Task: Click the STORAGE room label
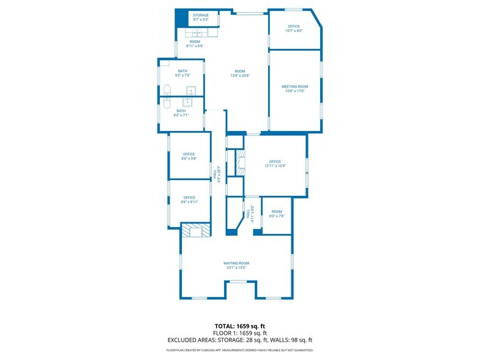coord(201,15)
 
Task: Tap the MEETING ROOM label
coord(294,87)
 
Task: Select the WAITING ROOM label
coord(236,263)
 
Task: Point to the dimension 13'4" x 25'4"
coord(239,76)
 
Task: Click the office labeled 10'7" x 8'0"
coord(294,29)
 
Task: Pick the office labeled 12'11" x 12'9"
coord(275,163)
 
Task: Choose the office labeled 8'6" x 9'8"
coord(189,156)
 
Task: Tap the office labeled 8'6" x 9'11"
coord(189,200)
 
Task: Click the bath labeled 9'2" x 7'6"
coord(182,73)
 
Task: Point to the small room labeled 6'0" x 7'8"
coord(277,214)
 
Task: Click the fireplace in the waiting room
coord(196,230)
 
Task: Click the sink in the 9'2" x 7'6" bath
coord(190,91)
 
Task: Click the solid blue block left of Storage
coord(181,18)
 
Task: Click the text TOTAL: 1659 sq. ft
coord(239,326)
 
